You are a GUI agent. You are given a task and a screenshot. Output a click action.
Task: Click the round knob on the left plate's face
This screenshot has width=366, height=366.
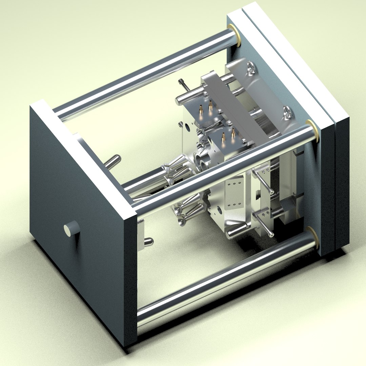72,229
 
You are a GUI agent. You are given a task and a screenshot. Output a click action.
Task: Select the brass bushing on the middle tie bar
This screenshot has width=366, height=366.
312,131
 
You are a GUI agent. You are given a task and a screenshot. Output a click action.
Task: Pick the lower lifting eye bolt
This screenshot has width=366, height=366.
288,112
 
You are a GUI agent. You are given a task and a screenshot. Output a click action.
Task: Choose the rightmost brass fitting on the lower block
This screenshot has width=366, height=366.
233,135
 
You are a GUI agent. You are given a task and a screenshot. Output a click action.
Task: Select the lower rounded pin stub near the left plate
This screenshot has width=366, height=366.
148,242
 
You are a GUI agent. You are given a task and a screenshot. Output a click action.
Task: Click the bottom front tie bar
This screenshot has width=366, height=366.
224,278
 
